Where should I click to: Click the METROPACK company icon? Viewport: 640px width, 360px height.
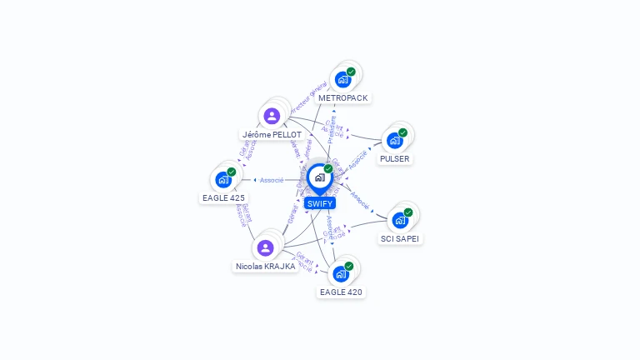click(x=342, y=80)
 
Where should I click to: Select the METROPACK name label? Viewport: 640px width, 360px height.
click(x=342, y=98)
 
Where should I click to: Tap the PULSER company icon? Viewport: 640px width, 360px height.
click(x=394, y=140)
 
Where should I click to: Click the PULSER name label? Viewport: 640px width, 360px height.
click(x=394, y=158)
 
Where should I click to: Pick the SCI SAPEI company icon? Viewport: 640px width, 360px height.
click(x=400, y=220)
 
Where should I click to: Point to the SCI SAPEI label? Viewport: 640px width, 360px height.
click(x=400, y=238)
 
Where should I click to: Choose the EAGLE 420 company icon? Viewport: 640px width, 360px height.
click(x=341, y=273)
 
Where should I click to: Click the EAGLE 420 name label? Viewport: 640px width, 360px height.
click(x=341, y=292)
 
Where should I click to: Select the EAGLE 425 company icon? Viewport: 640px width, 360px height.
click(x=223, y=179)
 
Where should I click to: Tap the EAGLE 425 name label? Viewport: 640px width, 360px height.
click(x=223, y=198)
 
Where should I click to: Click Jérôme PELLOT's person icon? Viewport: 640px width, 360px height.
click(x=271, y=116)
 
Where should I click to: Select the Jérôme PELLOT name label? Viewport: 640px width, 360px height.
click(x=272, y=134)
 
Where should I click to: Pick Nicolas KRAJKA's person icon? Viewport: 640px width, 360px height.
click(x=265, y=247)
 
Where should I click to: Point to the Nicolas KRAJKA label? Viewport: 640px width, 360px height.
click(x=265, y=267)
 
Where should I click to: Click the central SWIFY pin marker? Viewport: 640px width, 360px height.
click(x=319, y=177)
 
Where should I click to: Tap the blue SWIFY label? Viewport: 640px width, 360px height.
click(x=319, y=203)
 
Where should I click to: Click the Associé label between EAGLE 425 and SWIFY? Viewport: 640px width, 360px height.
click(x=272, y=180)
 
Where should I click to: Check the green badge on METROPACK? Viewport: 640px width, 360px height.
click(x=351, y=72)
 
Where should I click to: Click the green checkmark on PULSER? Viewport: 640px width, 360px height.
click(x=402, y=132)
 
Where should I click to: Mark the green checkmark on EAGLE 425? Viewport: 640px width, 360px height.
click(x=232, y=172)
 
